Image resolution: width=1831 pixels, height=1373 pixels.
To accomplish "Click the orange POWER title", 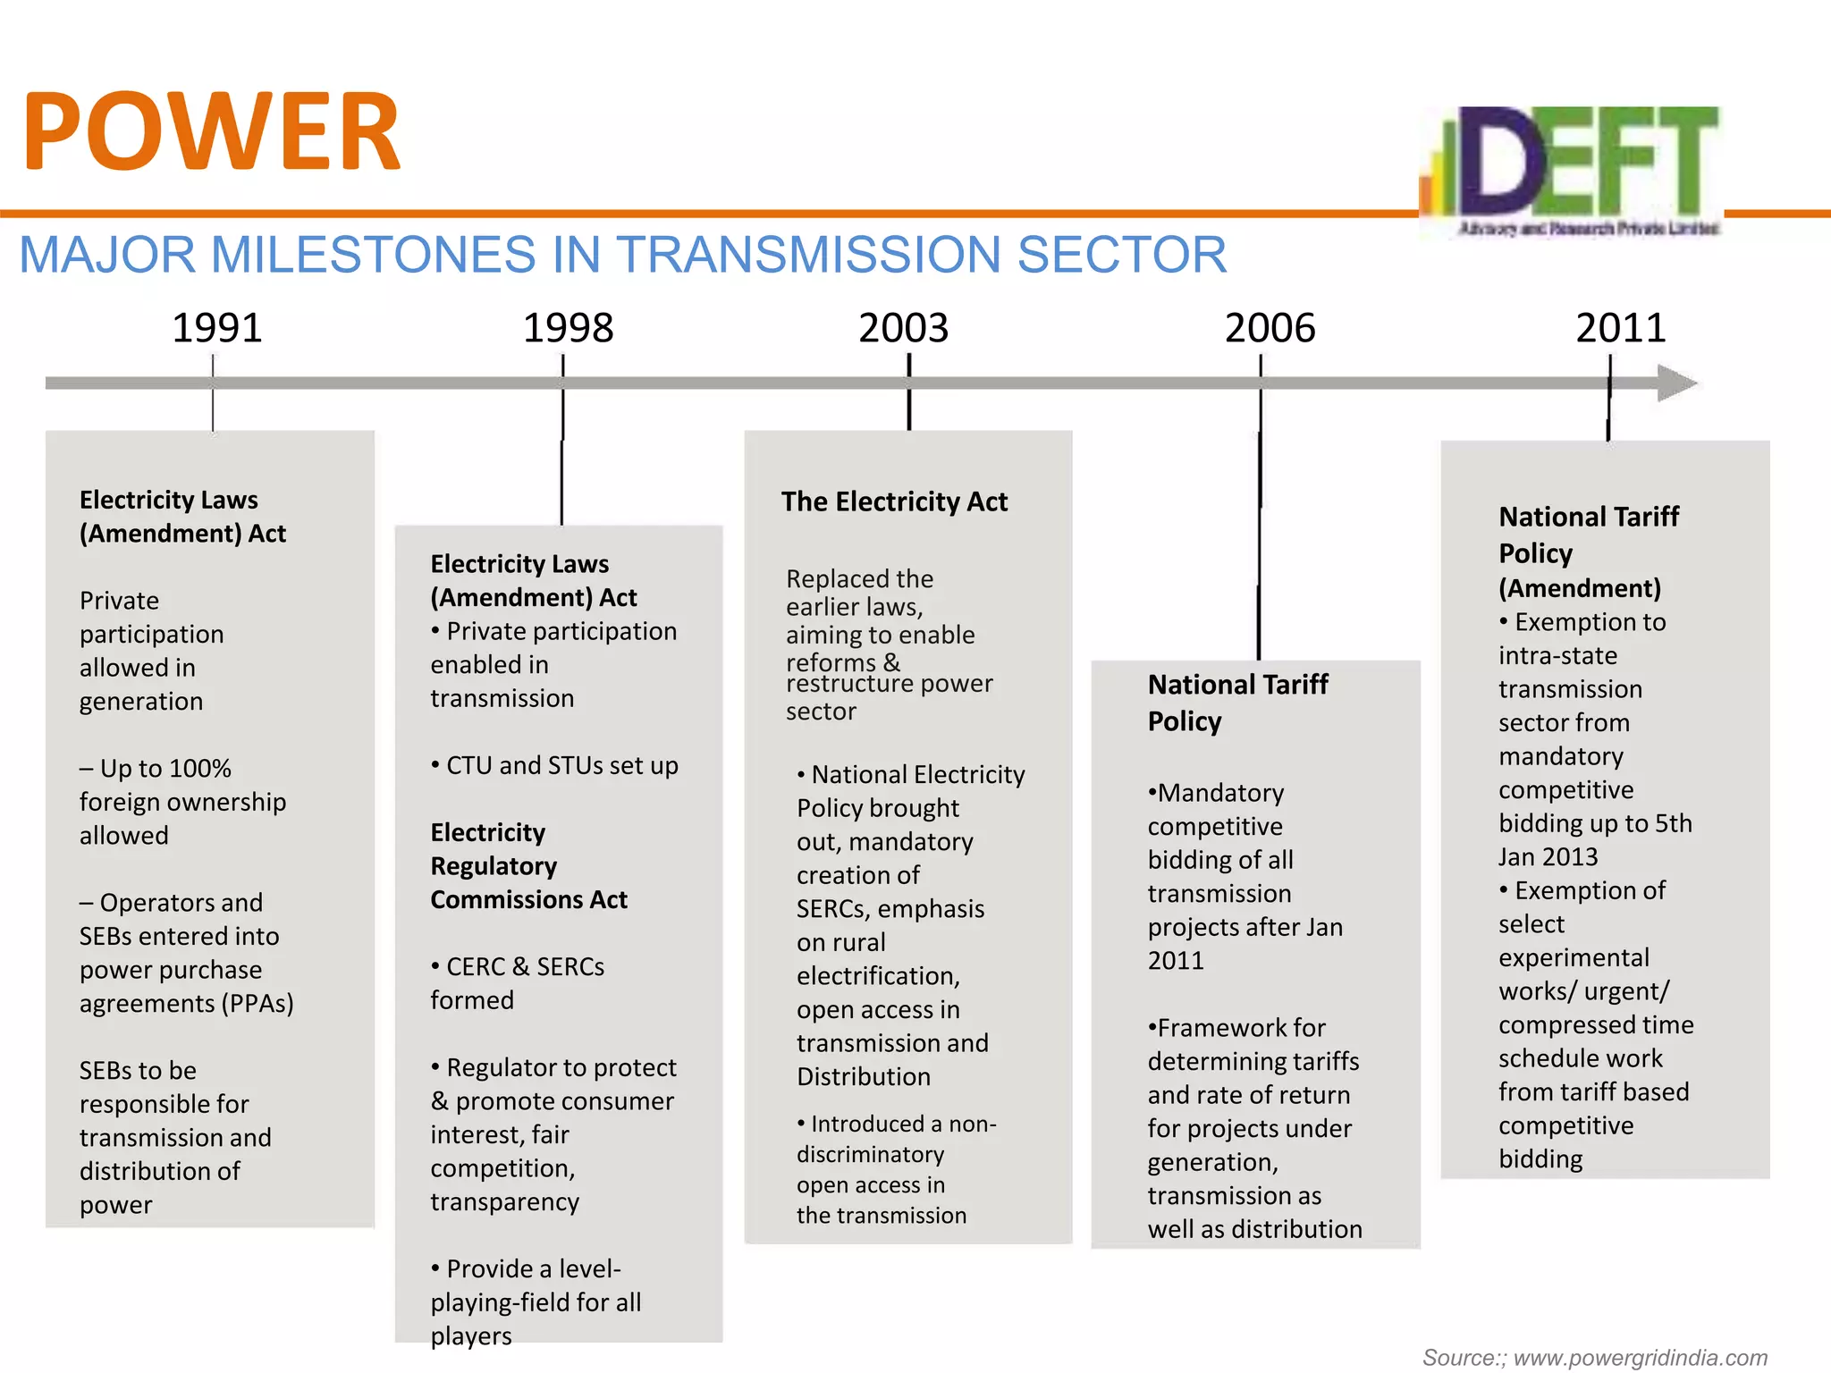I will [x=212, y=132].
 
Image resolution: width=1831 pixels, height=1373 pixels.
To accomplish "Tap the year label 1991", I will [x=216, y=328].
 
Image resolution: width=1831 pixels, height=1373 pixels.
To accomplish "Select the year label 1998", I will [x=568, y=328].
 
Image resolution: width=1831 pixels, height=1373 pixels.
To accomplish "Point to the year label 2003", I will [x=903, y=328].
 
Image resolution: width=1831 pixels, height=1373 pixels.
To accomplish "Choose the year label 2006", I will [x=1270, y=328].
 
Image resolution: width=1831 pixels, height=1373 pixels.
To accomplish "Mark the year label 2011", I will [x=1620, y=328].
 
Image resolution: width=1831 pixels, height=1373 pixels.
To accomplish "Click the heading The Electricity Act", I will [x=894, y=501].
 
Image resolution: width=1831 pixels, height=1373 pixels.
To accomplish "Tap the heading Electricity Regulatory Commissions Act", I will [x=527, y=865].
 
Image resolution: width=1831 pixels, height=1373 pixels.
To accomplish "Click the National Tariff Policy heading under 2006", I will [x=1237, y=703].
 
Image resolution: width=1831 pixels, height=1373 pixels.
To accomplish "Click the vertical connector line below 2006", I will [x=1260, y=536].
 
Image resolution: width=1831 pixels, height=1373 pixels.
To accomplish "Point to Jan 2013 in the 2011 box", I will [x=1548, y=856].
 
